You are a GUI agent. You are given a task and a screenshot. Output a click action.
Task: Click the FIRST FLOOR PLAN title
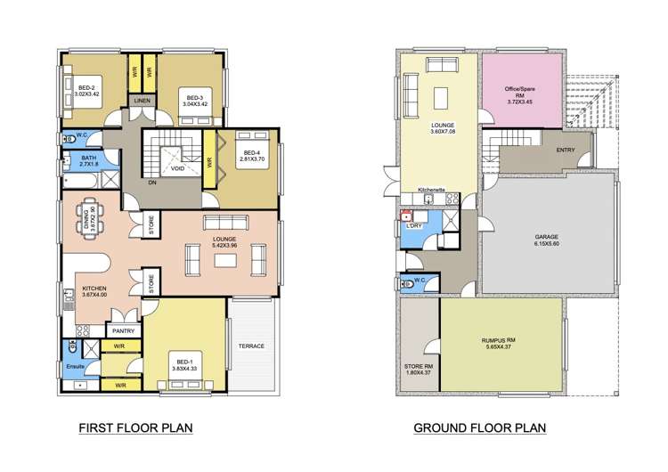136,428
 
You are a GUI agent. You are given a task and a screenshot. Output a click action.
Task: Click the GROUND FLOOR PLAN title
479,428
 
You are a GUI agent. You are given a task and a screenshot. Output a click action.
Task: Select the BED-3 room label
194,100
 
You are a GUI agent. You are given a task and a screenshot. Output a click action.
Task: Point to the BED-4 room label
248,155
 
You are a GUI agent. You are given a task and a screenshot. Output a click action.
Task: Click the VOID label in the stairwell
178,167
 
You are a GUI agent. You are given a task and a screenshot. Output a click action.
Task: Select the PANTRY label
123,330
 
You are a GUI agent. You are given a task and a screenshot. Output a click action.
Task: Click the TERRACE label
252,346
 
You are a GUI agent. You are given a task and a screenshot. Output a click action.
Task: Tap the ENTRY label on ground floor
565,150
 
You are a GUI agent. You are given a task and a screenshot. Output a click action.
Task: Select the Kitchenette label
432,190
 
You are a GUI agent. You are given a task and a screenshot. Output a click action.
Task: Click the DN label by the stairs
152,183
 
